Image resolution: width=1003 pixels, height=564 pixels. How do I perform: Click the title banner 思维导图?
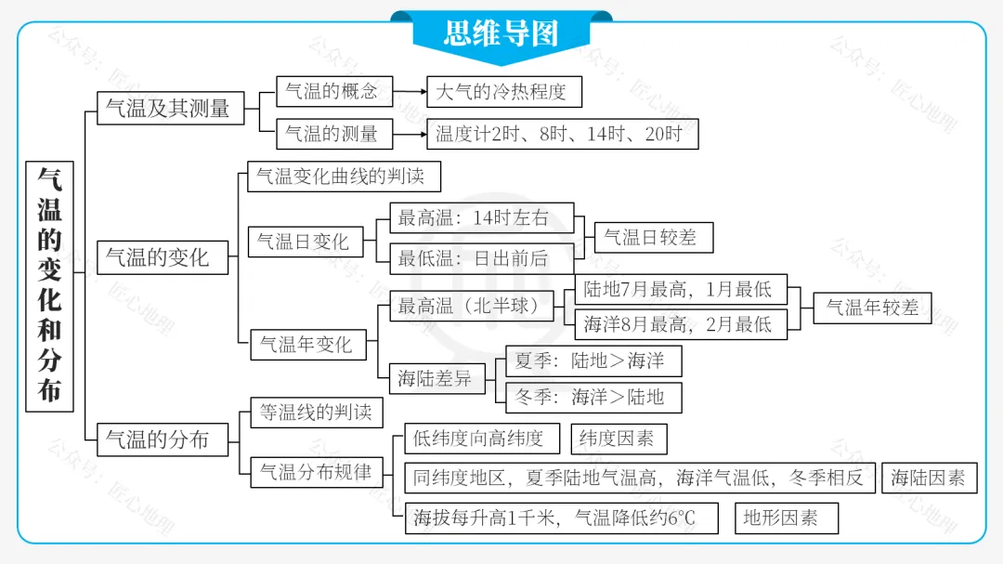[x=501, y=33]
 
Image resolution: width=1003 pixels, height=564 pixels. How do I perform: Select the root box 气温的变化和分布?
[x=50, y=284]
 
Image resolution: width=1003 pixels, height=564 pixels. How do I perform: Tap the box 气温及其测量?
[x=170, y=108]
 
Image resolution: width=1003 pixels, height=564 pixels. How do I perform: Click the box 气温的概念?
[x=333, y=91]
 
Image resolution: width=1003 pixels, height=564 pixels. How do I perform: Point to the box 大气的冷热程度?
[x=503, y=92]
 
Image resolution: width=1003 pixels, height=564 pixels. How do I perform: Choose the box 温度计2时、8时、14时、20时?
[x=561, y=134]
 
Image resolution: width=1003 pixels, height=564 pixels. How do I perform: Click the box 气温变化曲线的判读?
[x=344, y=177]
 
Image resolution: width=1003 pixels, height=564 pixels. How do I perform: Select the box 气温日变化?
[x=305, y=242]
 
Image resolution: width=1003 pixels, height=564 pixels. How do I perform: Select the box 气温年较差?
[x=871, y=308]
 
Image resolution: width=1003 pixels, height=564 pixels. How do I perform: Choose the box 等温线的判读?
[x=317, y=413]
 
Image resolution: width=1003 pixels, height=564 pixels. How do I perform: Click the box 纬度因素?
[x=618, y=439]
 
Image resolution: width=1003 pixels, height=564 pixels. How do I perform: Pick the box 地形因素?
[x=786, y=518]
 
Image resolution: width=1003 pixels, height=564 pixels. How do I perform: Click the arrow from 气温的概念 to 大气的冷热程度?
[x=410, y=92]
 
